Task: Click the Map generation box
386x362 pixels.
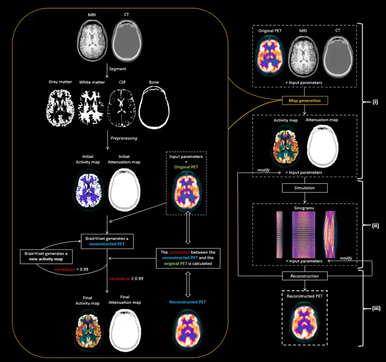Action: coord(305,100)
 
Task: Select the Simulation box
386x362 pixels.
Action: coord(305,188)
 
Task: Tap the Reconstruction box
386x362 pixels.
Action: coord(305,276)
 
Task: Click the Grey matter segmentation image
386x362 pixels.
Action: coord(61,106)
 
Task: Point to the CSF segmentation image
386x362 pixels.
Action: coord(123,106)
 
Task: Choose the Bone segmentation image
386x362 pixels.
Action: coord(153,106)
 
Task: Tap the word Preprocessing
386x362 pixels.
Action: coord(123,138)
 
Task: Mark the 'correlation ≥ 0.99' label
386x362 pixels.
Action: coord(127,278)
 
